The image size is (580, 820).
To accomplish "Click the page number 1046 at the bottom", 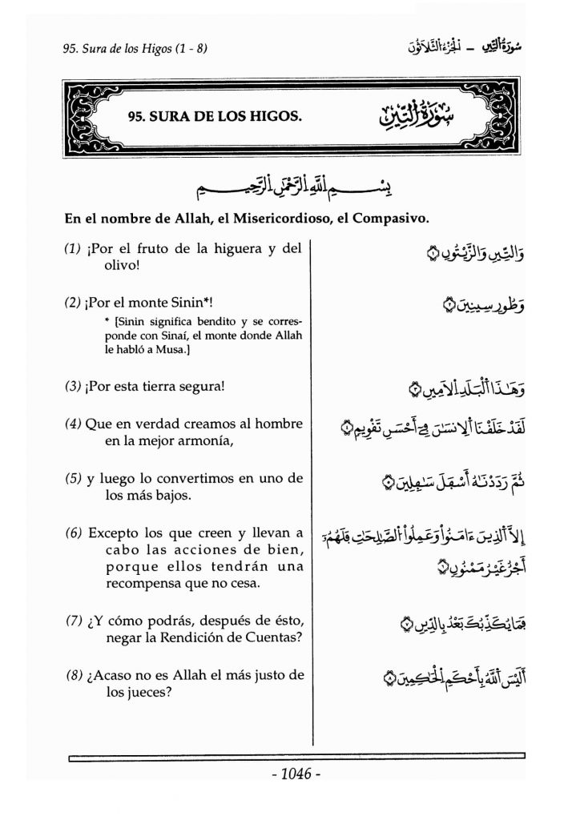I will pos(296,775).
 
